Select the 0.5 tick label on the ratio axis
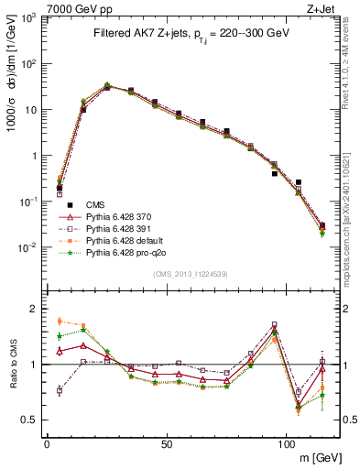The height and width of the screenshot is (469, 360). pyautogui.click(x=30, y=420)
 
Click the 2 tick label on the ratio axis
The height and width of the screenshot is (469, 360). pyautogui.click(x=34, y=309)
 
